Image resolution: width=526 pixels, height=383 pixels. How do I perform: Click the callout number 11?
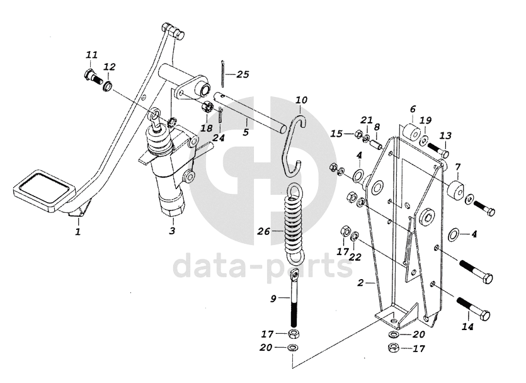click(92, 55)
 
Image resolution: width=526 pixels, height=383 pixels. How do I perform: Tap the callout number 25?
click(243, 74)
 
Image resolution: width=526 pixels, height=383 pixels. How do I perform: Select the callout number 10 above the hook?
click(301, 100)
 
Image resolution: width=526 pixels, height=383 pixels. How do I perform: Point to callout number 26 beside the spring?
click(263, 232)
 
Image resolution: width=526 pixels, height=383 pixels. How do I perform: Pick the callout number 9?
click(273, 299)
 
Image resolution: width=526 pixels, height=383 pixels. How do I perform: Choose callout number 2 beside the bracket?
click(360, 283)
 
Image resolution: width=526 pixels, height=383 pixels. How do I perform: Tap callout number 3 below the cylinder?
click(171, 231)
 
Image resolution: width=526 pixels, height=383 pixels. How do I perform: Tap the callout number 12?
click(109, 66)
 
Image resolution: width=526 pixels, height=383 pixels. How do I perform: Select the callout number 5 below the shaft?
click(246, 133)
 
